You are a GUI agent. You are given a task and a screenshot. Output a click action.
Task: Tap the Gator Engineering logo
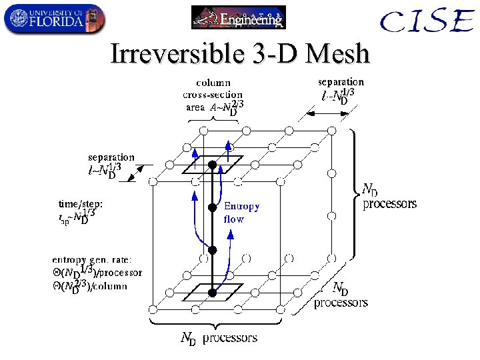(x=238, y=17)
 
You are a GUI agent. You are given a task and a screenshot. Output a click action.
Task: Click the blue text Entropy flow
(x=241, y=212)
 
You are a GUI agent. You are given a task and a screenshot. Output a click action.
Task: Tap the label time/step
(x=81, y=205)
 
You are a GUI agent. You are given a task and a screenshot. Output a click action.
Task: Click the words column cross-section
(x=213, y=89)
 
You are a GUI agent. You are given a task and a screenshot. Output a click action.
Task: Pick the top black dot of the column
(x=212, y=164)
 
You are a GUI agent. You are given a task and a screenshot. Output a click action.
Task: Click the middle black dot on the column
(x=212, y=207)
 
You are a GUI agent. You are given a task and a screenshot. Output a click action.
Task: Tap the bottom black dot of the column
(x=212, y=292)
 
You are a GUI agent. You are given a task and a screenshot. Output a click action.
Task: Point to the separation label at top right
(x=341, y=82)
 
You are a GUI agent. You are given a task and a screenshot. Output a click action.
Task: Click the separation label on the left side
(x=111, y=158)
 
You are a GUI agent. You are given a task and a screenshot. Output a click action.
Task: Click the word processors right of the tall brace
(x=389, y=204)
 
